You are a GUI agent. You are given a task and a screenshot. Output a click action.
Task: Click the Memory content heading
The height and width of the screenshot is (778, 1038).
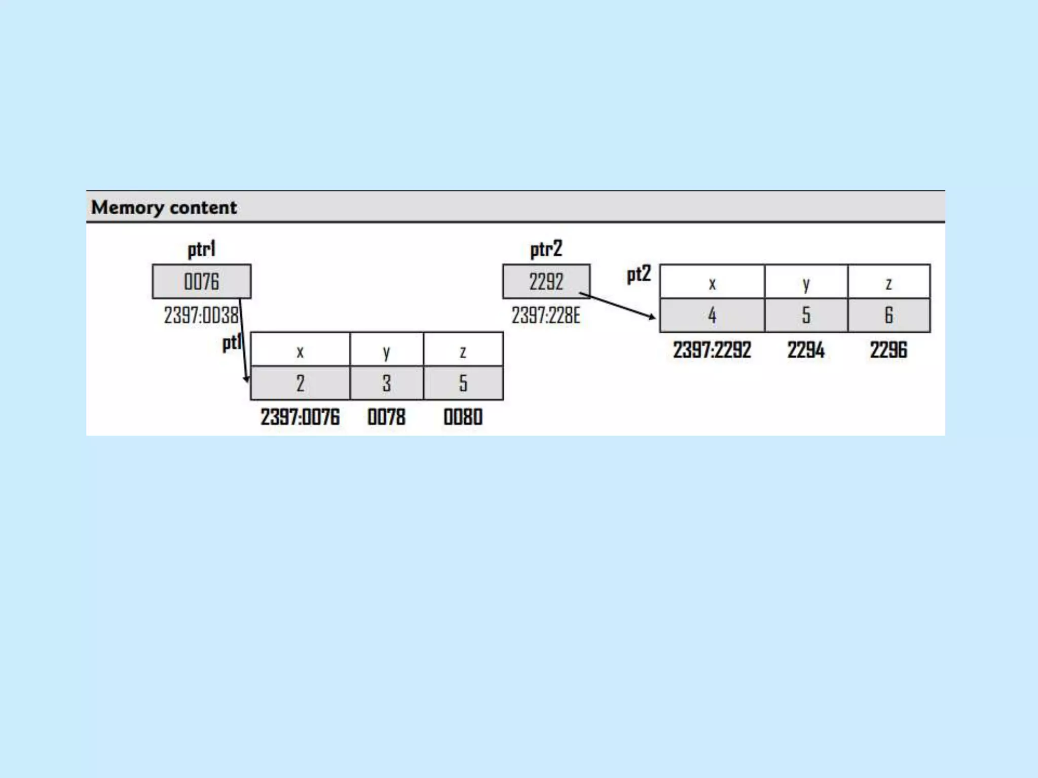[164, 207]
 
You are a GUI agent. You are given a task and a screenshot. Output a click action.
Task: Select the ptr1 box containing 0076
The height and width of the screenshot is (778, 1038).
[201, 281]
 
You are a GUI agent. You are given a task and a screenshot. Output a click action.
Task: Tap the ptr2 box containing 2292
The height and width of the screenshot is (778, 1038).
[546, 281]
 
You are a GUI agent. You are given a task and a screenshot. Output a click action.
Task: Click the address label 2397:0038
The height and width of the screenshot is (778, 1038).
[201, 315]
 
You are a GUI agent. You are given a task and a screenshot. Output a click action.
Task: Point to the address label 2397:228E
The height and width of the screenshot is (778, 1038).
[545, 315]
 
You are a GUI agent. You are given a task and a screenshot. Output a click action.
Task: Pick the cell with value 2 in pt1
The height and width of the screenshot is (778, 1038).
[300, 383]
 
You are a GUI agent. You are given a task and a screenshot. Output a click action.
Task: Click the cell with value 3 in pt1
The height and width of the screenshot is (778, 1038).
[386, 383]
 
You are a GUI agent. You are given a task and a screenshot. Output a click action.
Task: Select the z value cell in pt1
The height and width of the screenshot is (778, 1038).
[463, 383]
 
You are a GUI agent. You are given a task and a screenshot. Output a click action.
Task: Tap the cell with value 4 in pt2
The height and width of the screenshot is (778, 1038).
[712, 315]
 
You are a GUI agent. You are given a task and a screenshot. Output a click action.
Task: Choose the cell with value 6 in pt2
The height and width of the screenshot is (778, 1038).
[888, 315]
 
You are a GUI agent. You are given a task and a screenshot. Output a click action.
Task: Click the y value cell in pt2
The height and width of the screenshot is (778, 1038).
[806, 315]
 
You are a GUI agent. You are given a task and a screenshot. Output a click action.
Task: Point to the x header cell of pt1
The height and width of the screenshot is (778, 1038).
[300, 349]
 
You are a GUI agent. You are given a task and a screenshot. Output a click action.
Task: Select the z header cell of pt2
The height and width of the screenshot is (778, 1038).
[888, 282]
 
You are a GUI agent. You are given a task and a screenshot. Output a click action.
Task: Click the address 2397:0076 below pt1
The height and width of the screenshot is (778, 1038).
[300, 417]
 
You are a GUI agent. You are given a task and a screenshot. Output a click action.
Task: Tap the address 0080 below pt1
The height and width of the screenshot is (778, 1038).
[463, 417]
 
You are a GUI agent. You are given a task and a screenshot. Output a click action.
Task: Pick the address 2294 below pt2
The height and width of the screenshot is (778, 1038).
[806, 350]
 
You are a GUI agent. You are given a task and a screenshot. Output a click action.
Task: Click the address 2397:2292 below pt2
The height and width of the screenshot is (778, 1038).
[712, 350]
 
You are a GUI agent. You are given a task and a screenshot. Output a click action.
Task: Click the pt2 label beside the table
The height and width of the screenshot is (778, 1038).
[638, 275]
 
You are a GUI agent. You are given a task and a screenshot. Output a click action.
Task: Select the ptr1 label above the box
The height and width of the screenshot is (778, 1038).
[201, 249]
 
